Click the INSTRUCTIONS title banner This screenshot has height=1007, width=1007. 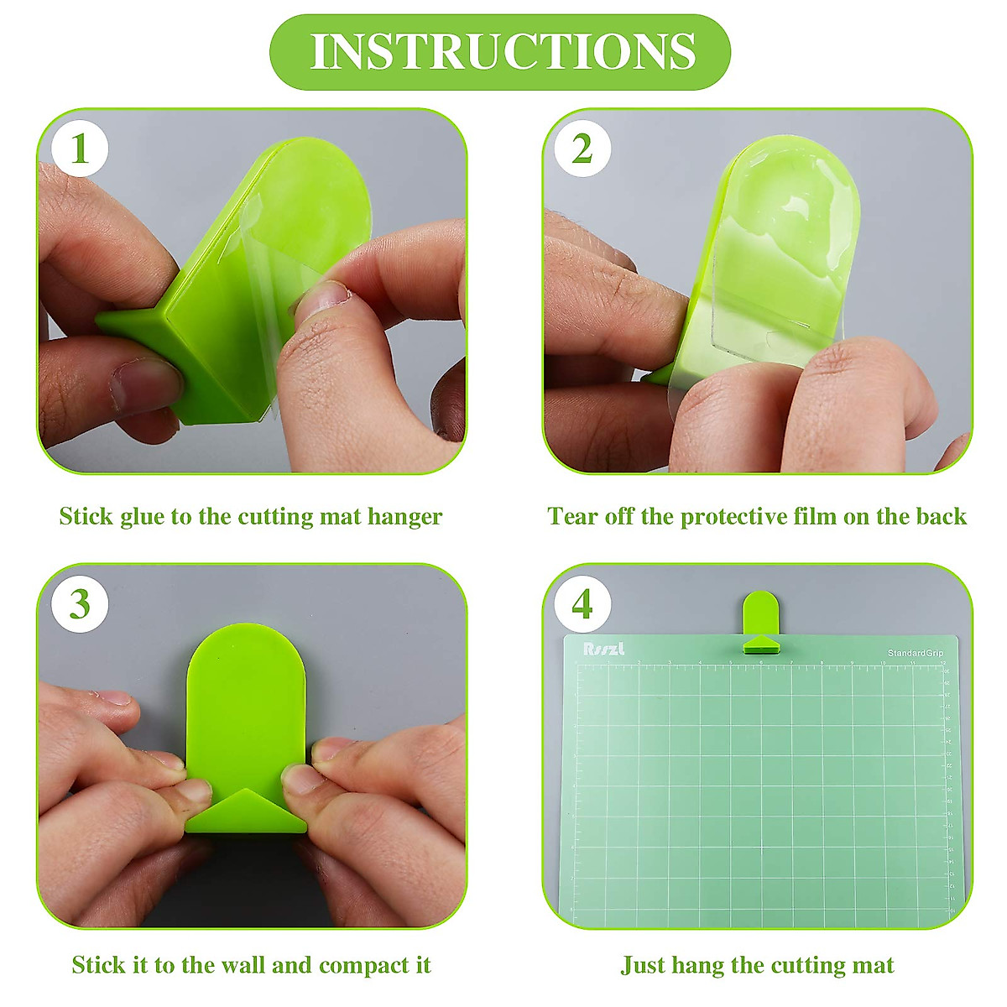click(501, 52)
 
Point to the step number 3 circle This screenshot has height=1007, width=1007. click(80, 604)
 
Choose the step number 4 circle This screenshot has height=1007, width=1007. click(582, 604)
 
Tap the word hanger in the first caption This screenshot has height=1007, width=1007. click(404, 517)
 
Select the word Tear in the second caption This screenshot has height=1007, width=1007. click(574, 516)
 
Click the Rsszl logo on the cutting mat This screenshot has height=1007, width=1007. click(605, 649)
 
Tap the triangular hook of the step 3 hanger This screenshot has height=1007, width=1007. click(246, 809)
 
